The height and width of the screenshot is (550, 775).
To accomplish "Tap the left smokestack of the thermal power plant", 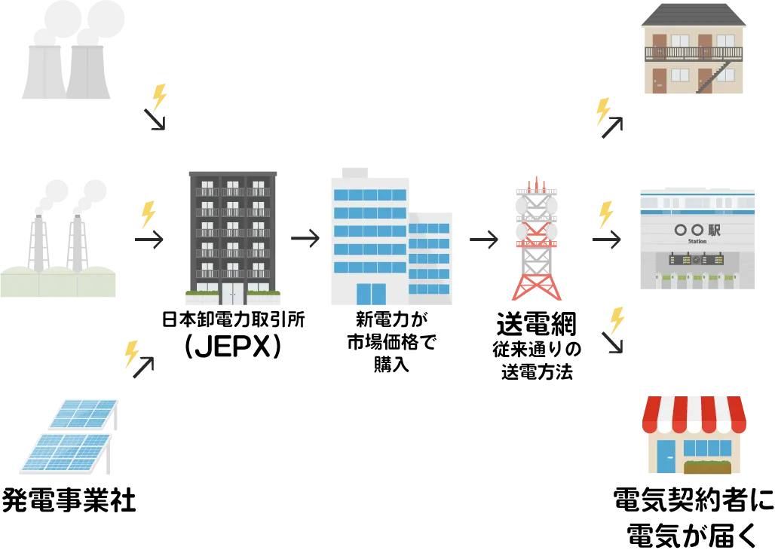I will pyautogui.click(x=35, y=241).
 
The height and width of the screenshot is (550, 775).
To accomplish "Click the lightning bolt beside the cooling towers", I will pyautogui.click(x=159, y=96).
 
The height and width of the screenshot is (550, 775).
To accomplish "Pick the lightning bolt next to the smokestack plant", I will pyautogui.click(x=148, y=215).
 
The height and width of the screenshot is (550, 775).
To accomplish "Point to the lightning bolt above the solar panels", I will pyautogui.click(x=131, y=353).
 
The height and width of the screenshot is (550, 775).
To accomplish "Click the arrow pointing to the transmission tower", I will pyautogui.click(x=482, y=240).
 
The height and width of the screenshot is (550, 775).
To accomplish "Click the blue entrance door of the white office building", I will pyautogui.click(x=370, y=295).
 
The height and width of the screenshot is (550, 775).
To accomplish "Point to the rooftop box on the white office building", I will pyautogui.click(x=352, y=170).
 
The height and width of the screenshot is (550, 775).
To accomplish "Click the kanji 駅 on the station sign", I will pyautogui.click(x=713, y=230).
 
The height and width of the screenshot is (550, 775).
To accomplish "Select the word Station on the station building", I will pyautogui.click(x=697, y=242).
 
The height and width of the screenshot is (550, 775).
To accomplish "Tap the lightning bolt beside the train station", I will pyautogui.click(x=605, y=214).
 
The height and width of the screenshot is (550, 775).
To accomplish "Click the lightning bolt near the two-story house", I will pyautogui.click(x=602, y=110).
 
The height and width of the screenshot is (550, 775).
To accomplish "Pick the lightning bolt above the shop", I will pyautogui.click(x=617, y=318).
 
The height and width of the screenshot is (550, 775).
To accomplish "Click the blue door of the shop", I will pyautogui.click(x=666, y=457).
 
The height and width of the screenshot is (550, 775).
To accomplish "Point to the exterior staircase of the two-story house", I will pyautogui.click(x=715, y=78).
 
